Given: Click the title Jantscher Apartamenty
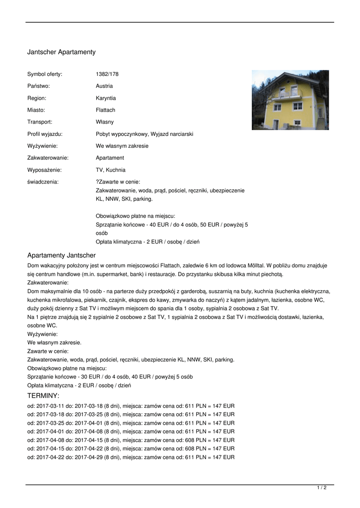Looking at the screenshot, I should coord(61,52).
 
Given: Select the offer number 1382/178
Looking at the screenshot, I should coord(107,74).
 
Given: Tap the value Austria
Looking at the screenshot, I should coord(104,86).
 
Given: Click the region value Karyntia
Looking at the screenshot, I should coord(106,98).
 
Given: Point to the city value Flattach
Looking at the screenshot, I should coord(105,110).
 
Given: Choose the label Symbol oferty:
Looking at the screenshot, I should coord(45,74).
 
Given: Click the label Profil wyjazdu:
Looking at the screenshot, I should coord(45,134).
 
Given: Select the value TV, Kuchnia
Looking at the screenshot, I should coord(111,170).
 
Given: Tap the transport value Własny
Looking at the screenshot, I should coord(105,122).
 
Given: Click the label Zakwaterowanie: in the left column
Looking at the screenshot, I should coord(48,158).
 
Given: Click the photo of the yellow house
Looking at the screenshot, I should coord(290,100).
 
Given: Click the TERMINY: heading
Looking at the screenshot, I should coord(43,396).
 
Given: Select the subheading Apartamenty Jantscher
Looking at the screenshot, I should coord(61,255).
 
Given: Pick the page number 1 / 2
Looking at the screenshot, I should coord(322,488).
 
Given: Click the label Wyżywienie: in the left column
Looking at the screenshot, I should coord(42,146).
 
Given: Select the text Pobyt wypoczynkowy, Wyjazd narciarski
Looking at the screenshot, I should coord(144,134).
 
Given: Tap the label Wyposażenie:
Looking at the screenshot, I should coord(44,170).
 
